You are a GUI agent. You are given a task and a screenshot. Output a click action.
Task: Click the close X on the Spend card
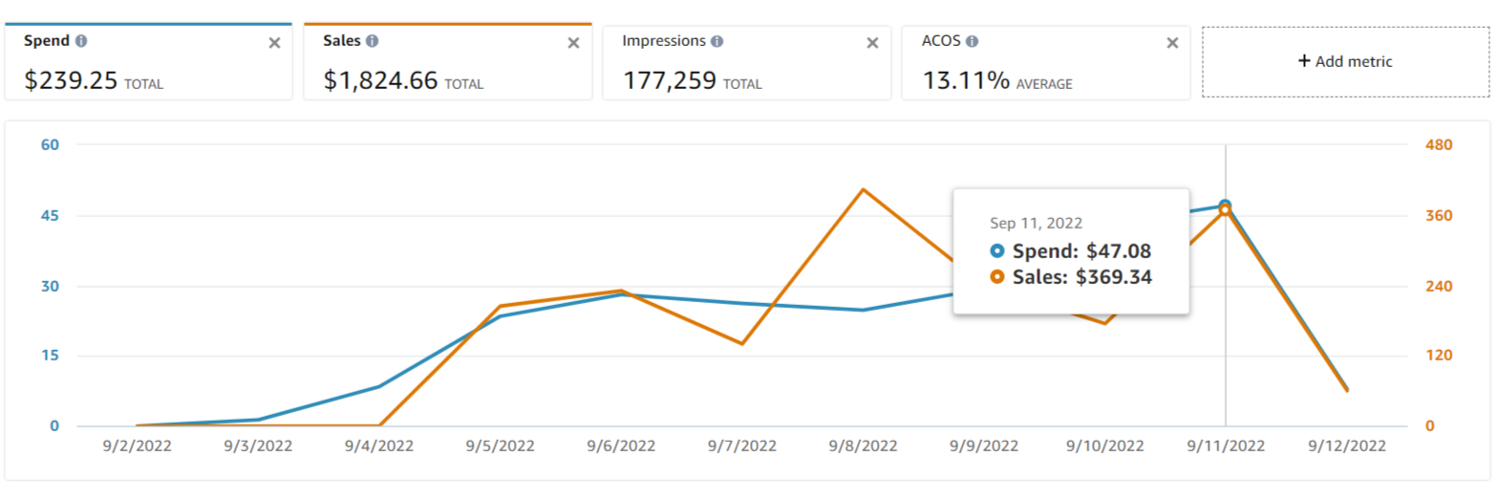tap(274, 43)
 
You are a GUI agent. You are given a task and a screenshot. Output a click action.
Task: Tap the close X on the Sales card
tap(573, 43)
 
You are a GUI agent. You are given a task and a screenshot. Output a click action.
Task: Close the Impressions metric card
tap(872, 43)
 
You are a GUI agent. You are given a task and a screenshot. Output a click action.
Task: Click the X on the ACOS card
tap(1172, 43)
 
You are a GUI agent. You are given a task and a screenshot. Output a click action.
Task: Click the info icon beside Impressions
tap(716, 42)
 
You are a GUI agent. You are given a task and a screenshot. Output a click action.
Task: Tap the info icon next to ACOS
tap(972, 42)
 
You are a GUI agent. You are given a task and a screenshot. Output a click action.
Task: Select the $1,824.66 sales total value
tap(380, 80)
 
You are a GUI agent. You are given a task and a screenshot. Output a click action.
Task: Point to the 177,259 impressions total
tap(670, 80)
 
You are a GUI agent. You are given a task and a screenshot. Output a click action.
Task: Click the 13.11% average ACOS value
tap(966, 80)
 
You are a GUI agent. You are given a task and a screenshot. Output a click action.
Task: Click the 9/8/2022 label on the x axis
tap(863, 446)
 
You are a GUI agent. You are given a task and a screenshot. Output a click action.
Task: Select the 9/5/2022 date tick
tap(501, 446)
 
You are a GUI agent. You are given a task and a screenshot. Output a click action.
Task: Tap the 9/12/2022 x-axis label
tap(1347, 446)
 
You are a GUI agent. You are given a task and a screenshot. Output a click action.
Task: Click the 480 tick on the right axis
tap(1439, 145)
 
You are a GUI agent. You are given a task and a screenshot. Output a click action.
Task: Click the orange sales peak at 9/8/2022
tap(863, 189)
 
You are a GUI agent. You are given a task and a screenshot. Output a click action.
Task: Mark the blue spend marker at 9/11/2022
tap(1225, 206)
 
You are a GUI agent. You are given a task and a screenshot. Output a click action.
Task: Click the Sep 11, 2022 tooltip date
tap(1036, 223)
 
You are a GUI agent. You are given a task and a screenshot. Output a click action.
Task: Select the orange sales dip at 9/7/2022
tap(742, 343)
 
